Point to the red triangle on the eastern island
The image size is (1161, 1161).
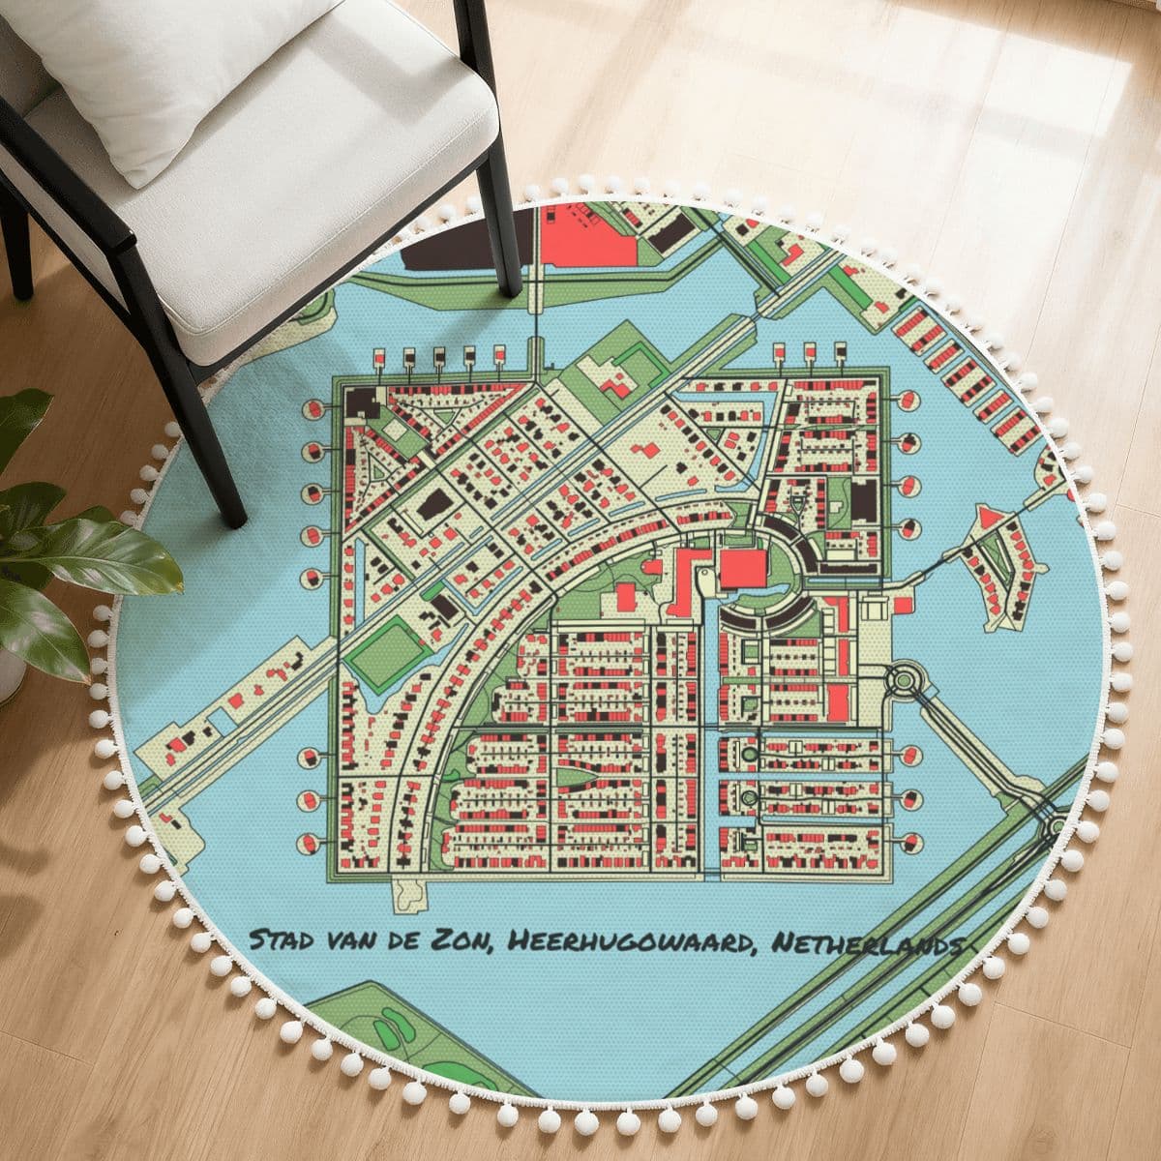988,519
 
